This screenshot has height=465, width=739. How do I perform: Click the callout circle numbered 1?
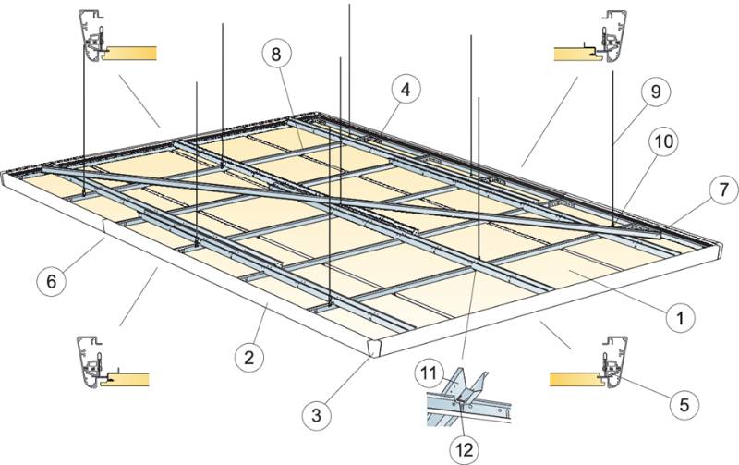(x=679, y=318)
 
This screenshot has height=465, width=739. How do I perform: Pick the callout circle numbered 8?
(x=274, y=55)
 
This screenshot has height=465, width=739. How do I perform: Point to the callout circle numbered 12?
(x=463, y=449)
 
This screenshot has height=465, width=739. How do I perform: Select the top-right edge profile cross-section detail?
(x=591, y=42)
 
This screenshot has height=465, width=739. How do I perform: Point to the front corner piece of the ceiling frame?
(x=374, y=348)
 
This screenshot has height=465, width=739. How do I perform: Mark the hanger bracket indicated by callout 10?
(x=616, y=223)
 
